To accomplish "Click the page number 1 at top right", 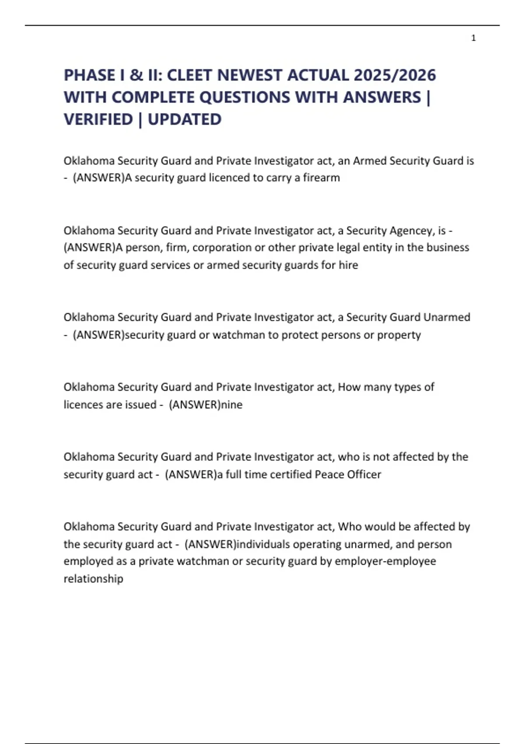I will pyautogui.click(x=473, y=38).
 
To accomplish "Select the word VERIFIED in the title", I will pyautogui.click(x=98, y=119).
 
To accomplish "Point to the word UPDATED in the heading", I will pyautogui.click(x=185, y=119).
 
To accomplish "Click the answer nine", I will pyautogui.click(x=231, y=404).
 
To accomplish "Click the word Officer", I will pyautogui.click(x=364, y=474).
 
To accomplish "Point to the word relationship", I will pyautogui.click(x=93, y=579).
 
